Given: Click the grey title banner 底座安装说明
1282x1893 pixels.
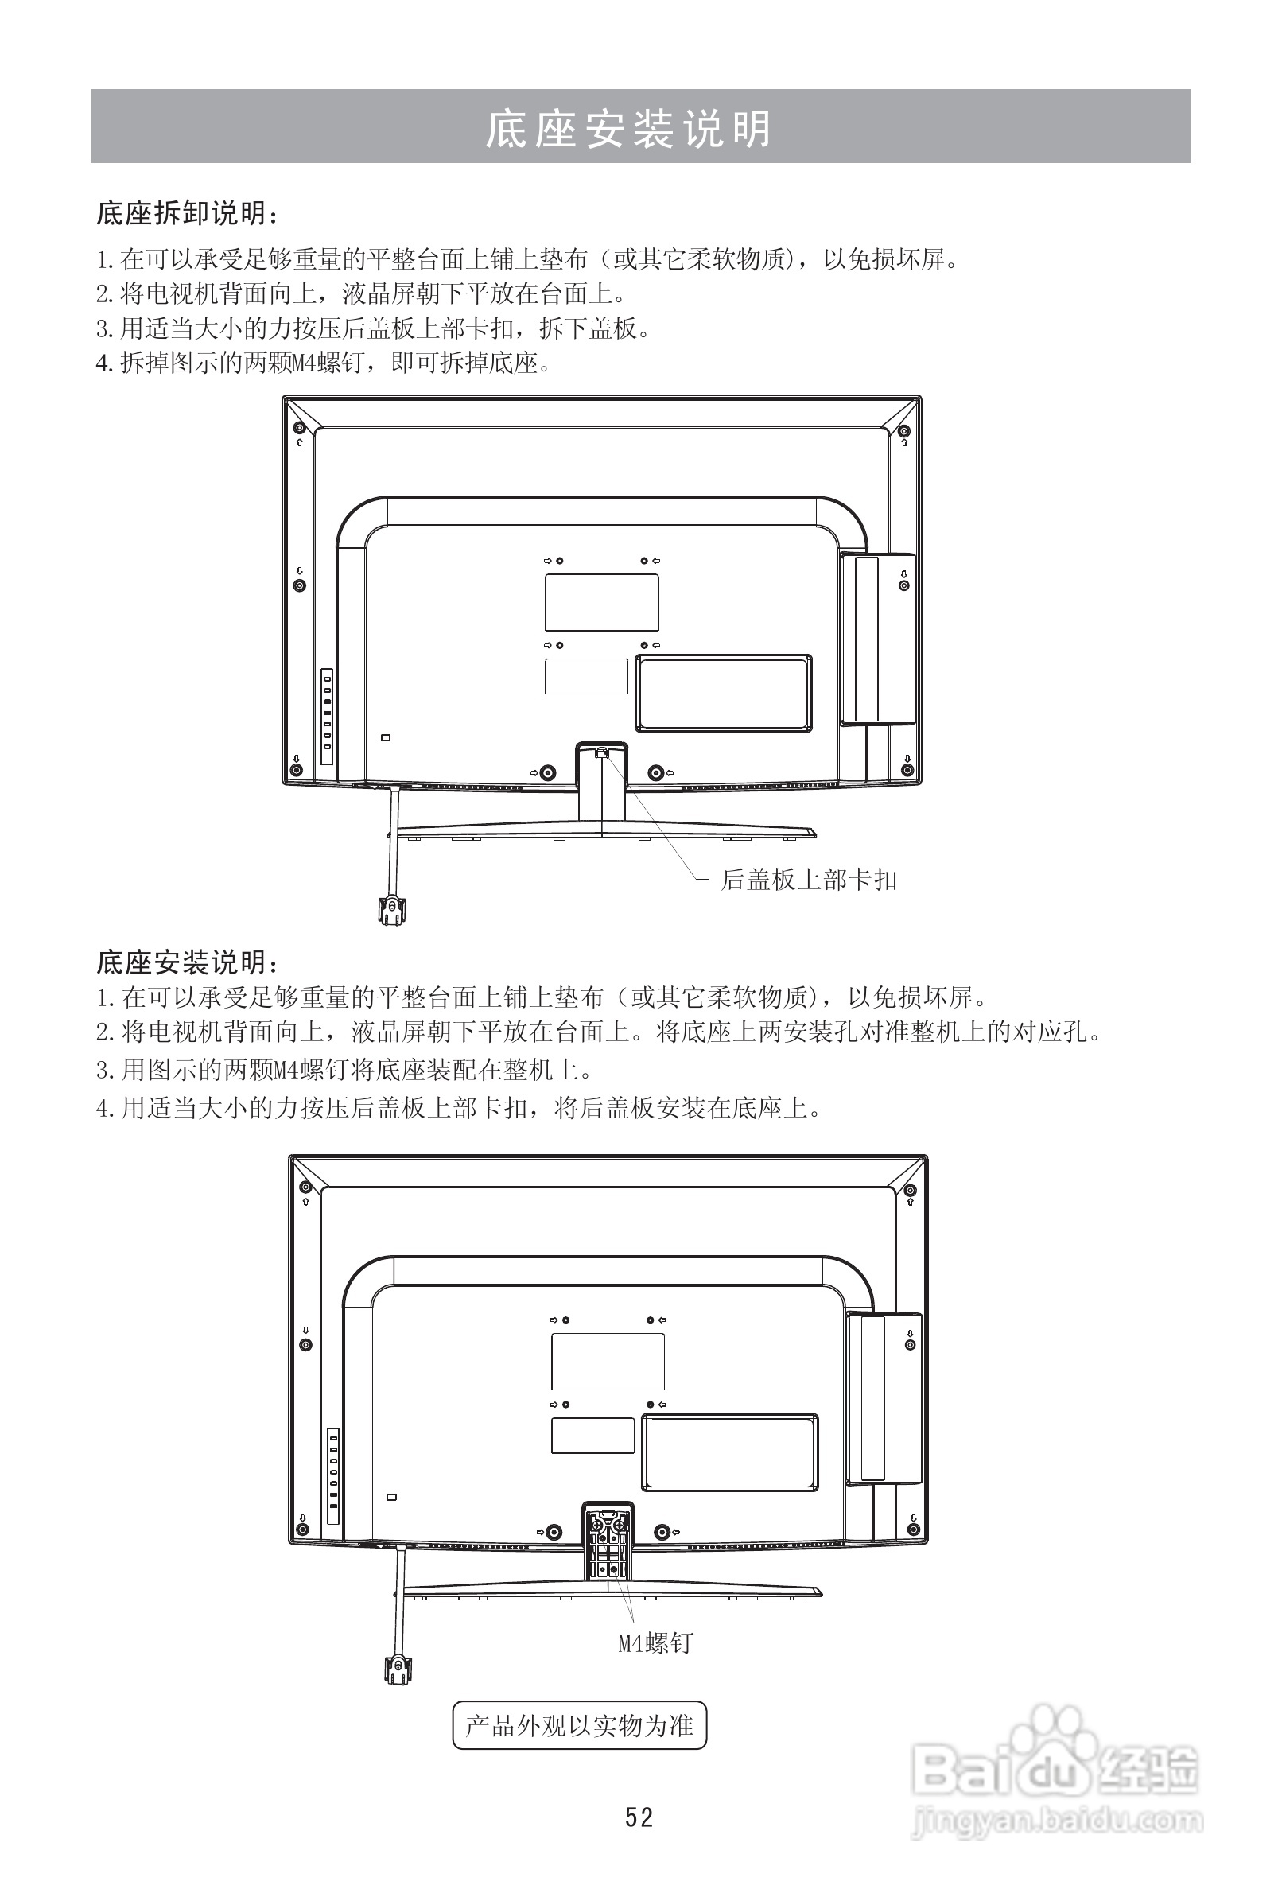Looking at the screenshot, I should [640, 127].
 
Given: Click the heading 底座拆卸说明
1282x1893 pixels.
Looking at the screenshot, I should [187, 213].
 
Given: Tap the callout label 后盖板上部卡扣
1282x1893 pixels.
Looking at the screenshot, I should [808, 880].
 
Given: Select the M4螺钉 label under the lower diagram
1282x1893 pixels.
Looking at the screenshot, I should [655, 1643].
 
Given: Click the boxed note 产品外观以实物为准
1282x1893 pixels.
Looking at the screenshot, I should [579, 1724].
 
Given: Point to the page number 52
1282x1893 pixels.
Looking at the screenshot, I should [639, 1817].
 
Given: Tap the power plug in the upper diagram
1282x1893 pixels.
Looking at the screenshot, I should [391, 908].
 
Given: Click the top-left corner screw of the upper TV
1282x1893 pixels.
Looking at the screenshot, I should [299, 429].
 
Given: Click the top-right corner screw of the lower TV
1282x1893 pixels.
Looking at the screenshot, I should [910, 1187].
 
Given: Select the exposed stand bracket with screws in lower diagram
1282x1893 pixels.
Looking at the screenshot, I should [608, 1537].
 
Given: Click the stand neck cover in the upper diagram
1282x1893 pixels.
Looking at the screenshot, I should [602, 786].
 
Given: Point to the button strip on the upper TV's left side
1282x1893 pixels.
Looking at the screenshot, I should [327, 716].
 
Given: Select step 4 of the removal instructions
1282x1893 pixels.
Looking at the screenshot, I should [324, 363].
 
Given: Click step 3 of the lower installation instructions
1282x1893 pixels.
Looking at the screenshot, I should [344, 1070].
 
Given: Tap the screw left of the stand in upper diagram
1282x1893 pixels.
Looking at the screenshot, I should [548, 772].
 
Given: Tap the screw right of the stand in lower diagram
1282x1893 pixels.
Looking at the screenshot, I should [662, 1531].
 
